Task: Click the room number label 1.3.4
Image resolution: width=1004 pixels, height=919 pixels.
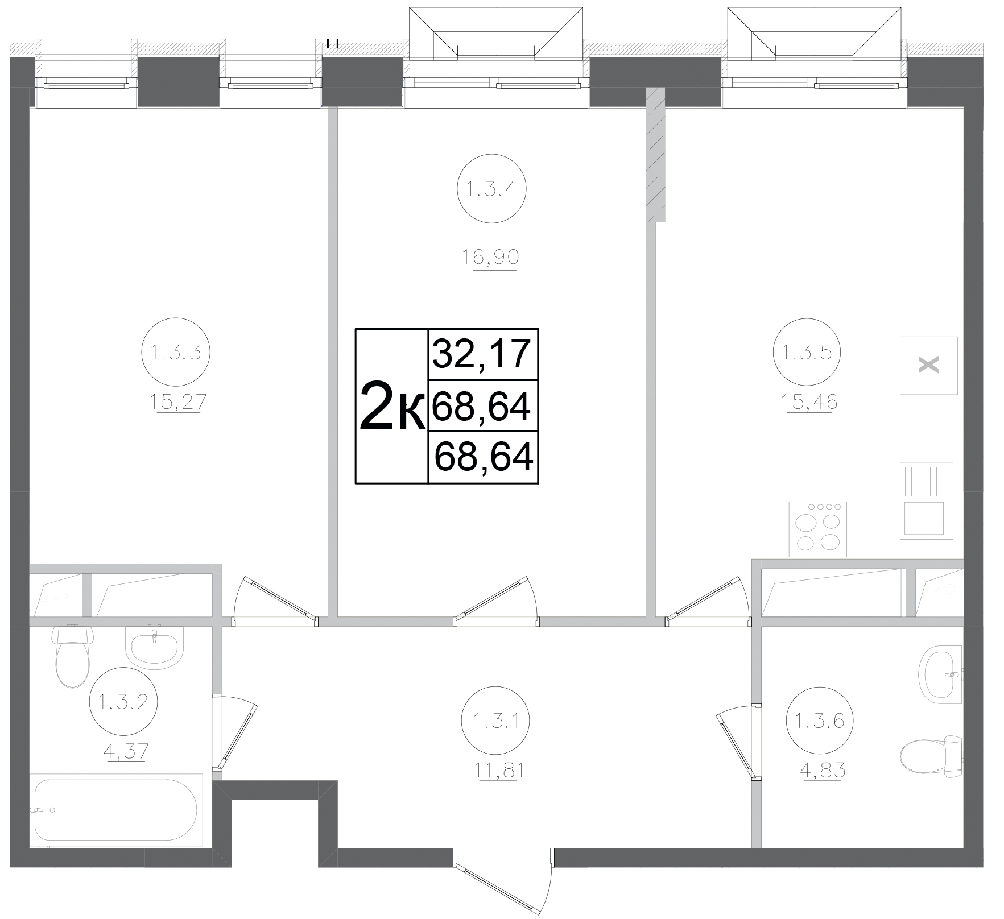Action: point(491,188)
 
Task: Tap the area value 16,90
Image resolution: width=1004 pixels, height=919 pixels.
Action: point(490,258)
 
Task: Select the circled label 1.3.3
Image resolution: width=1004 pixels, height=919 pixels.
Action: point(175,353)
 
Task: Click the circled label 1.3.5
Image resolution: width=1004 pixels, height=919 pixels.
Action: point(807,353)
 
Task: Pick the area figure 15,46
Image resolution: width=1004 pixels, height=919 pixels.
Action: point(809,403)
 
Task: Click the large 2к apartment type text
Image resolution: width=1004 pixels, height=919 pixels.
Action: point(392,407)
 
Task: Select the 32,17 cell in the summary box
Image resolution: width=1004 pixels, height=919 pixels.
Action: point(482,354)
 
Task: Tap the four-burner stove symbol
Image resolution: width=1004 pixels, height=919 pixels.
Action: point(817,529)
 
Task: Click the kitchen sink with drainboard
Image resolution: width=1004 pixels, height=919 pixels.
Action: point(926,500)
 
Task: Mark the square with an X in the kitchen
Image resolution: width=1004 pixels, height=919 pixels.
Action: point(928,365)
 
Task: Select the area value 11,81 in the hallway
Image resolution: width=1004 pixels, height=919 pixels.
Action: point(494,771)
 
